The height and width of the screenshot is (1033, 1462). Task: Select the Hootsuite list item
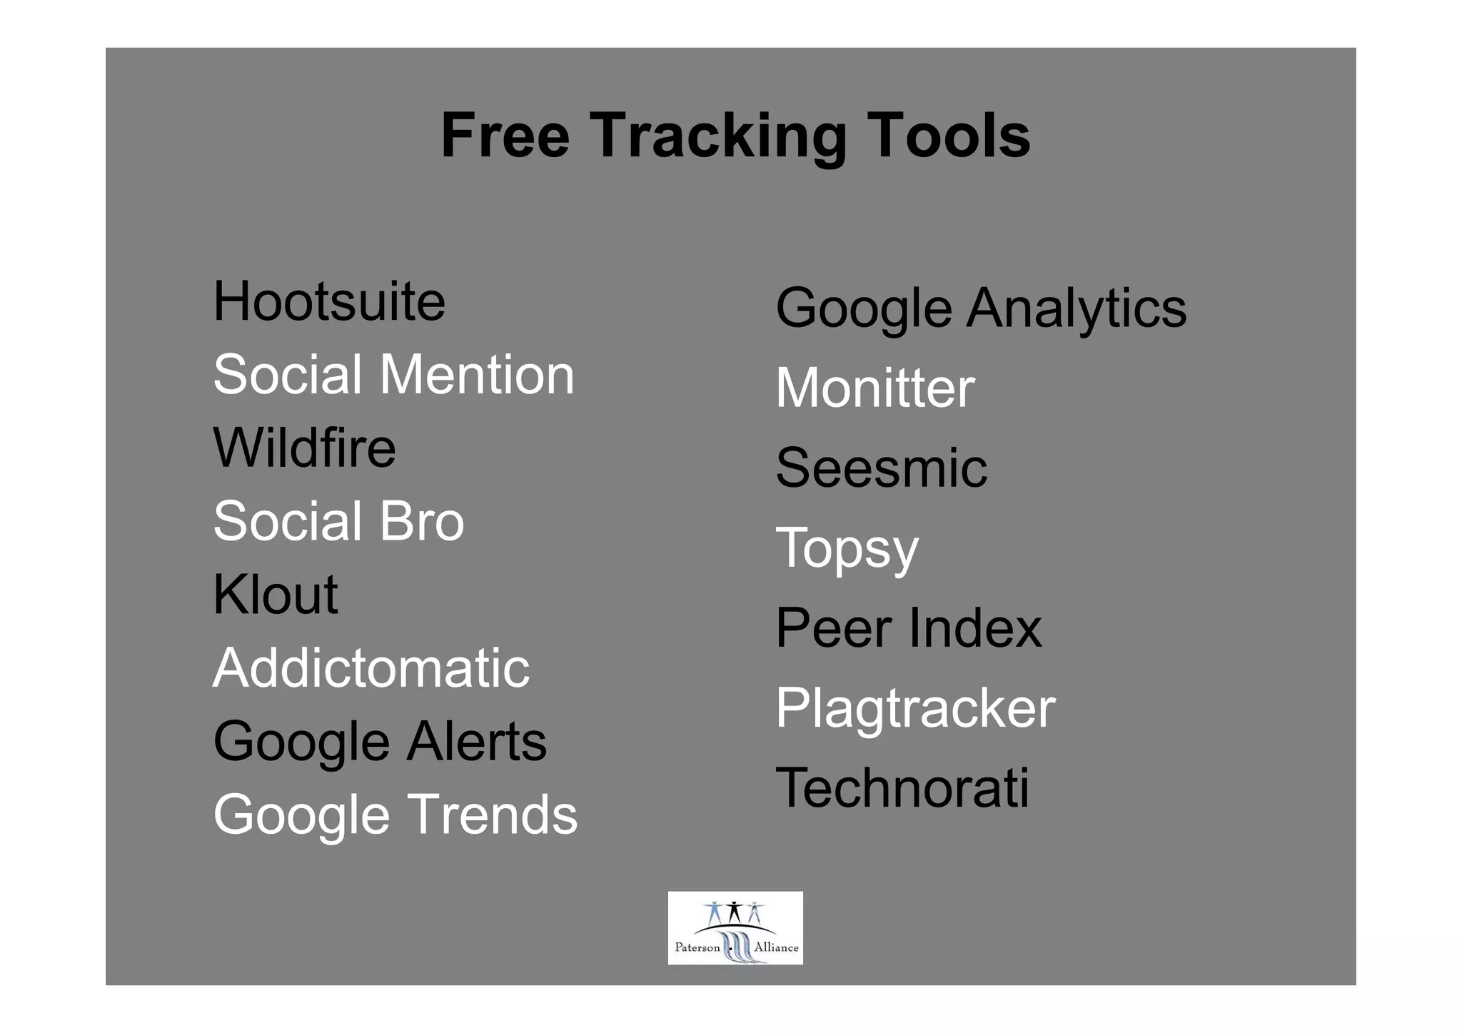[x=329, y=302]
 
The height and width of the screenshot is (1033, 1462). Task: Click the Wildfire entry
[x=304, y=448]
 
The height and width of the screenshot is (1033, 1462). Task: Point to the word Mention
[x=477, y=375]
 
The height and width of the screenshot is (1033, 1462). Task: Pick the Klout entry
[x=275, y=595]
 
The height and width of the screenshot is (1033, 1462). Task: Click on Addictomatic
[x=371, y=668]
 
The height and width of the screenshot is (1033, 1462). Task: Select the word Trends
[x=492, y=815]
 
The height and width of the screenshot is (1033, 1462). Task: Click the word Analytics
[x=1077, y=308]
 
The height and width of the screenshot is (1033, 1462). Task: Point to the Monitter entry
[x=874, y=388]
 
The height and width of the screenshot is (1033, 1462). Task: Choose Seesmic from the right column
[x=881, y=468]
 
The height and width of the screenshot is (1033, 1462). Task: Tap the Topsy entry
[x=847, y=548]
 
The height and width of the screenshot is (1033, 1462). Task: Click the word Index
[x=975, y=628]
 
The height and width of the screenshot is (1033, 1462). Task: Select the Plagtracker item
[x=915, y=708]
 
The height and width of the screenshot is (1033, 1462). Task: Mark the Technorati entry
[x=902, y=788]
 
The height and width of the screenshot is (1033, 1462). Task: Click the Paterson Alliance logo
[x=735, y=928]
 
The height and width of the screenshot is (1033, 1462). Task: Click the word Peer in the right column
[x=834, y=628]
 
